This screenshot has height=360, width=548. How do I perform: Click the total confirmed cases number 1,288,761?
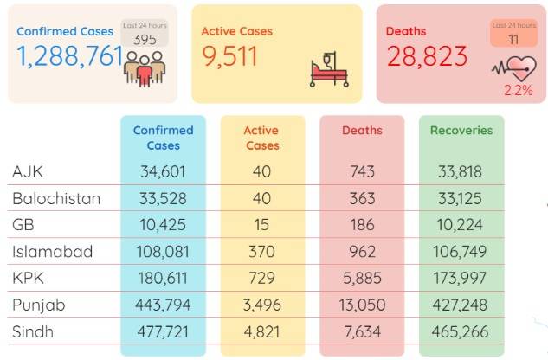point(70,56)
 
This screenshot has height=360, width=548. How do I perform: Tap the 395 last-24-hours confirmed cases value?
point(145,40)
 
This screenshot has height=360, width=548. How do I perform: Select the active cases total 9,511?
point(229,56)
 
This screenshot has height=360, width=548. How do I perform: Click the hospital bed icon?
point(329,69)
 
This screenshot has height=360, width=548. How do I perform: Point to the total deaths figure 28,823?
point(427,56)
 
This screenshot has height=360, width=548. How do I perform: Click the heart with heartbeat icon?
point(514,68)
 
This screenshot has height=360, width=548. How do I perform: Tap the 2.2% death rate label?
point(519,91)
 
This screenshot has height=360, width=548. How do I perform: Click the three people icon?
point(145,69)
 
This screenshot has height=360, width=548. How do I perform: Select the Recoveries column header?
point(461,131)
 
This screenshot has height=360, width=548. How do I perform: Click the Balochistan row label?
point(56,198)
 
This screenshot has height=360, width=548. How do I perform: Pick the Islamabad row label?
point(53,252)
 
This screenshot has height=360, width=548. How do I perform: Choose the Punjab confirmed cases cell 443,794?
point(163,305)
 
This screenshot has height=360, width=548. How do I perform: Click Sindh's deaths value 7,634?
point(363,331)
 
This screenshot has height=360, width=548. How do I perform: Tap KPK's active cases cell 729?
point(261,278)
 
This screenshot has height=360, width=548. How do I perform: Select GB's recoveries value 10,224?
point(460,225)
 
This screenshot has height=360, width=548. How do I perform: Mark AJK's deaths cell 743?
point(363,171)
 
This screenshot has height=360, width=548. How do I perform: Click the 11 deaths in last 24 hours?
point(513,40)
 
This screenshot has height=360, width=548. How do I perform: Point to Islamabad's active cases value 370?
point(261,252)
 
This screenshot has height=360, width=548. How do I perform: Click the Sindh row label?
point(33,331)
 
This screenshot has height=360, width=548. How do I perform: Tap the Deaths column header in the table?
point(362,131)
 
